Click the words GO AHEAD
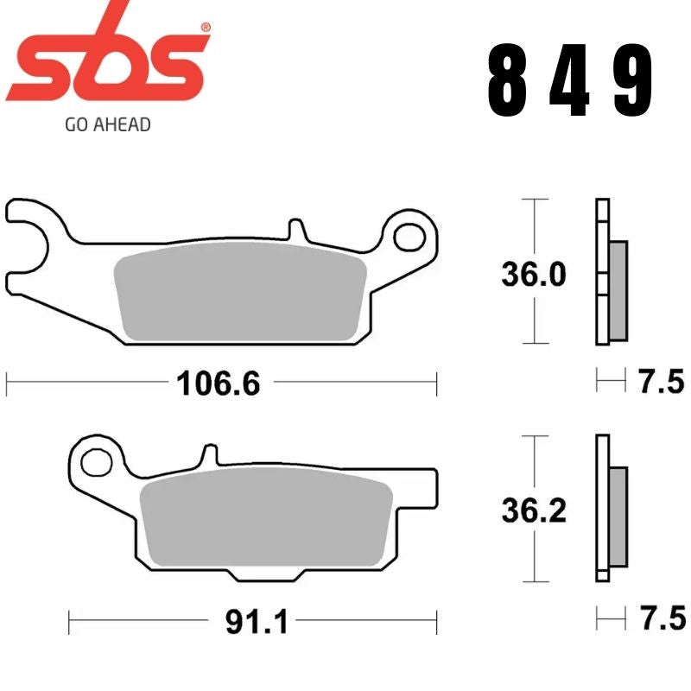coord(108,124)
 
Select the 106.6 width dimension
coord(218,381)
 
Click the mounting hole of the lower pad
coord(97,460)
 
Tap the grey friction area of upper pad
coord(240,295)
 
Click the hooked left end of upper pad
coord(30,227)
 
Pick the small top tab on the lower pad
coord(207,455)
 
